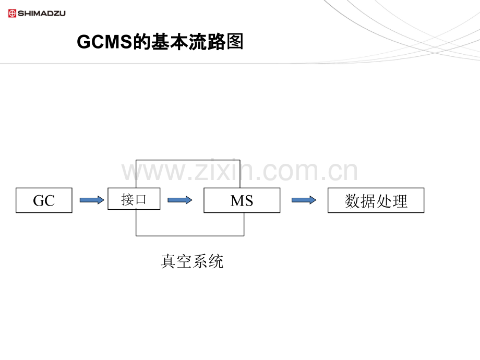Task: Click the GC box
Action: click(x=44, y=200)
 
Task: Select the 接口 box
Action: click(x=134, y=199)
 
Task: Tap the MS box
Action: click(x=242, y=200)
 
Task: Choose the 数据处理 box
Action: click(x=376, y=200)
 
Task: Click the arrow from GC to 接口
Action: click(x=92, y=200)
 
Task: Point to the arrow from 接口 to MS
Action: click(x=180, y=200)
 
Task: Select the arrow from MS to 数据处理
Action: click(x=304, y=200)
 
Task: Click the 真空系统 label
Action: click(x=192, y=261)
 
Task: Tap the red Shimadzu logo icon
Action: click(x=13, y=13)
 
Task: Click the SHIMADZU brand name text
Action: click(x=42, y=13)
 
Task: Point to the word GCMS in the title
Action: click(x=104, y=42)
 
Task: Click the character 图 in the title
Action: click(x=235, y=42)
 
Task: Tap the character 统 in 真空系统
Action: click(x=216, y=261)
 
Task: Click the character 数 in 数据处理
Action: click(x=353, y=201)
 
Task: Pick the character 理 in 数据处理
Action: click(x=400, y=201)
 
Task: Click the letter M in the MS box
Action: click(x=236, y=201)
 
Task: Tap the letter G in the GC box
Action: click(x=39, y=201)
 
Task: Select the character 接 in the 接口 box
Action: click(x=128, y=199)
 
